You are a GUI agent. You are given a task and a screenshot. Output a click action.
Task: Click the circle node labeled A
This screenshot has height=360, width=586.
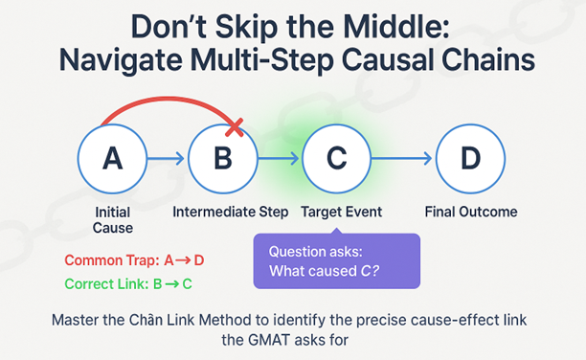[x=112, y=159]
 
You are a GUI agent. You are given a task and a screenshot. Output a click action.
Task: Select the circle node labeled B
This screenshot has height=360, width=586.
[x=222, y=159]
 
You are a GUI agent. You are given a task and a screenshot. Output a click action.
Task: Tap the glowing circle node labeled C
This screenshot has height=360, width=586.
[x=335, y=159]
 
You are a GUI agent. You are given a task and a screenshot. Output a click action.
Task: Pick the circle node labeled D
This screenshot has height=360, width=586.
[x=470, y=159]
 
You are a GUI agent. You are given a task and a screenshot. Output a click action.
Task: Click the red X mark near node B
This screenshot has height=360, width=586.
[x=235, y=124]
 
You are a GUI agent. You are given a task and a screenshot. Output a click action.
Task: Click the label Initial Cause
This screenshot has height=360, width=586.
[x=112, y=220]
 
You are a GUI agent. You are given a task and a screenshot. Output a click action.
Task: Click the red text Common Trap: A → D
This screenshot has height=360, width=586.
[x=134, y=260]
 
